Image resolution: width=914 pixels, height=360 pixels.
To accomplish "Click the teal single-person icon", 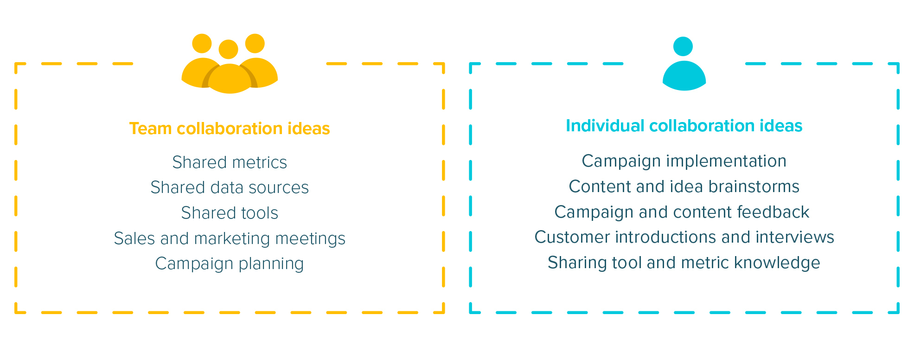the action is (x=684, y=64).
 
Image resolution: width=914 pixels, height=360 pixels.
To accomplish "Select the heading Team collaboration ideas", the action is (x=230, y=129).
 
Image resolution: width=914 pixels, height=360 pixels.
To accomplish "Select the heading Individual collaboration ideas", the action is (x=684, y=126).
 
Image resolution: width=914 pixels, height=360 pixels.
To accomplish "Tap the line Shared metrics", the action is (x=230, y=162).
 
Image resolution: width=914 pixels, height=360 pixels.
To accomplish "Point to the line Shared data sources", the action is (x=230, y=187).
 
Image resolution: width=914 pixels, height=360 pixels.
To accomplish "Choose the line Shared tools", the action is (x=230, y=213).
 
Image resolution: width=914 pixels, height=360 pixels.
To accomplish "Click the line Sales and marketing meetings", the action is (x=230, y=238).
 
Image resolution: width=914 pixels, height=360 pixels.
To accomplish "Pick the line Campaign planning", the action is (x=230, y=264).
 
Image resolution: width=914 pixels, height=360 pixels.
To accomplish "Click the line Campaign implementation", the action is (x=684, y=161).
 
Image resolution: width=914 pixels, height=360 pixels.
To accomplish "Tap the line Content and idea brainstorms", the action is (x=684, y=186).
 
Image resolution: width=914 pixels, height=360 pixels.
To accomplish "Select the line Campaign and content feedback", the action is (x=682, y=212).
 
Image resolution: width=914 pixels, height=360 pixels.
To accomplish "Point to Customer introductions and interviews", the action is (x=684, y=237).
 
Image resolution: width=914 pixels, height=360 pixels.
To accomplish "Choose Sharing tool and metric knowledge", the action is (x=684, y=263).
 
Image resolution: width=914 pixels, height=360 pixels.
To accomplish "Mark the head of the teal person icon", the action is (x=683, y=46).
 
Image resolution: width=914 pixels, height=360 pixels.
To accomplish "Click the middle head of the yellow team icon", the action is (x=228, y=49).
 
